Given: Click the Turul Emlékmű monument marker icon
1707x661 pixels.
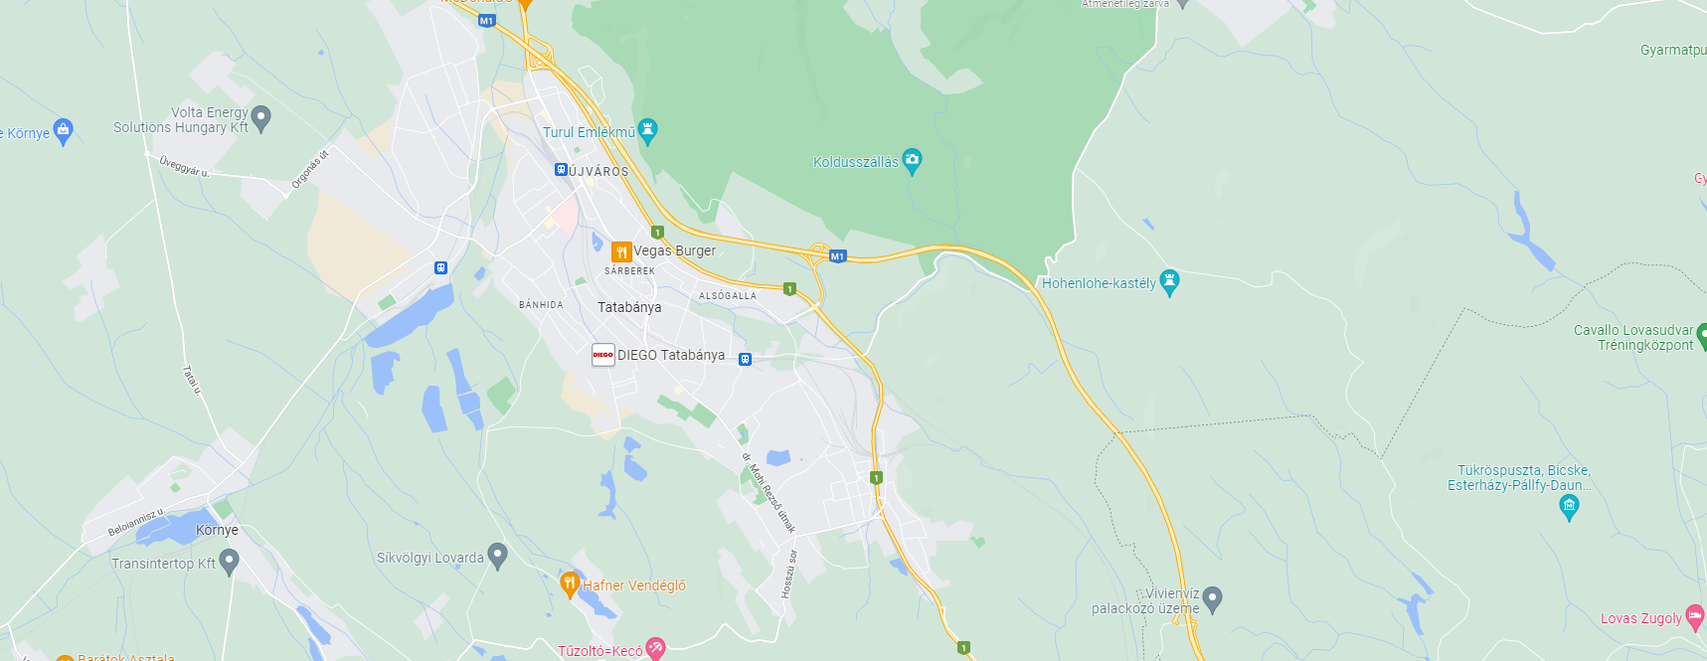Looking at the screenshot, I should (648, 130).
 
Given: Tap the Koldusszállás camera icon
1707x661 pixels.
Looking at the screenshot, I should (912, 160).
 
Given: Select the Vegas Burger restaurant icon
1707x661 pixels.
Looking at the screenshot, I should (621, 251).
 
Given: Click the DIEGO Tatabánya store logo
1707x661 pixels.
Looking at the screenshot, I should (602, 355).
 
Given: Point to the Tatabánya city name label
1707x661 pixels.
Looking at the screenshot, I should (629, 307).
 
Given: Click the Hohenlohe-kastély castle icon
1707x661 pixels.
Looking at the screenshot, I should (1169, 282).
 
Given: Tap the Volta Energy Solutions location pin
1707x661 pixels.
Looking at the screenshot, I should (261, 118).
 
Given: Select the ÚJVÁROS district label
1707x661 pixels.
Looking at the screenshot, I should (598, 171).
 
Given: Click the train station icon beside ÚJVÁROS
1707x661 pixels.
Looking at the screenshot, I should (561, 170).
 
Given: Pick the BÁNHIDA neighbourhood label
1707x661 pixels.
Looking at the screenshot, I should (541, 305).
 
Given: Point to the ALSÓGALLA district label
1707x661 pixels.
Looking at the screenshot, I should (727, 296).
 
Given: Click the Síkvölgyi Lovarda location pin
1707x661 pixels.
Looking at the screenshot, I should (498, 556).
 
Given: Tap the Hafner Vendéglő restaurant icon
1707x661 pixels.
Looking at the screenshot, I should (570, 584).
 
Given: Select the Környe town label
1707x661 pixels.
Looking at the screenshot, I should (217, 530).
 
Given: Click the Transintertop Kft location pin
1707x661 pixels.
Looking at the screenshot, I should (229, 562).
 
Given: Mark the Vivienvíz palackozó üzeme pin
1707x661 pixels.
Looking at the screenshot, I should (1212, 598).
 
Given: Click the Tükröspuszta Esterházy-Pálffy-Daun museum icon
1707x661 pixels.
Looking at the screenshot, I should (1569, 507).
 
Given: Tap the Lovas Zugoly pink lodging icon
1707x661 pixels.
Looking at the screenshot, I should (1694, 617).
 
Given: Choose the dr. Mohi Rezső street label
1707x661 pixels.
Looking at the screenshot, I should (768, 494).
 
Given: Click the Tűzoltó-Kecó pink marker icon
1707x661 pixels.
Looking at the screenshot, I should (655, 649).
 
